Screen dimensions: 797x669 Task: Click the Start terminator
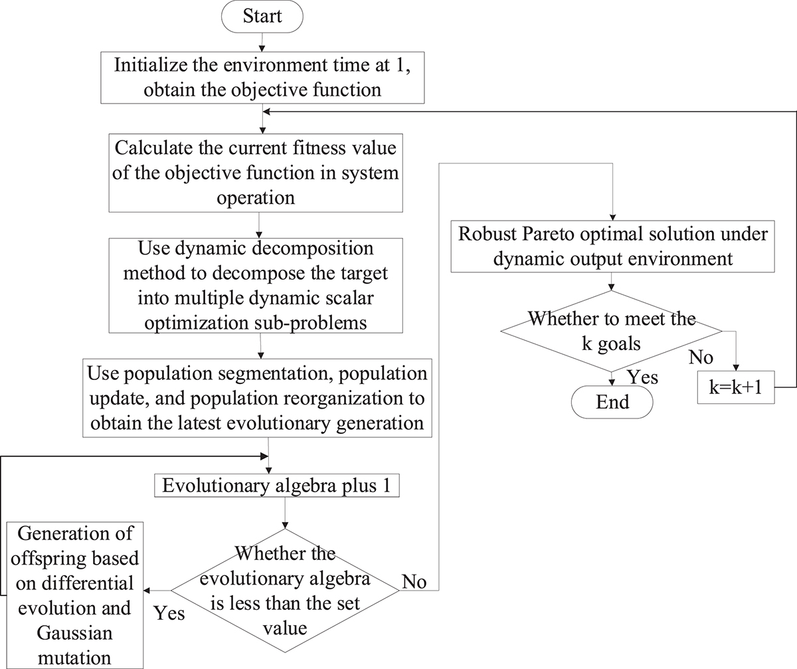click(262, 17)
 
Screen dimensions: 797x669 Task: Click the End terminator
click(612, 402)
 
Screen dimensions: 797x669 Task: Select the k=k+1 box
click(736, 387)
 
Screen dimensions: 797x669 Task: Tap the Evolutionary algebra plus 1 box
click(277, 486)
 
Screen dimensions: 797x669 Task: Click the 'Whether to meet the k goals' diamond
click(612, 331)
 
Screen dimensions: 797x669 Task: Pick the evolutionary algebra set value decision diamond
click(285, 591)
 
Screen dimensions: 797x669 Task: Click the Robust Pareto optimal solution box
click(612, 246)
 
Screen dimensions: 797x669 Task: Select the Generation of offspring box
click(75, 595)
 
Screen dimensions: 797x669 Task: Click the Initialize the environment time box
click(262, 78)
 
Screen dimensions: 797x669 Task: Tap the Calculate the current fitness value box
click(256, 173)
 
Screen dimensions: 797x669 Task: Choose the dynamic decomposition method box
click(256, 286)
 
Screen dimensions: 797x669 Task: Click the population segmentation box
click(257, 398)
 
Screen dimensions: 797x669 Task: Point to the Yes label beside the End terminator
click(643, 377)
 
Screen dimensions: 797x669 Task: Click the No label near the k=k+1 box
click(701, 357)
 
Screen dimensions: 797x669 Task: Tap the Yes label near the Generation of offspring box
click(169, 614)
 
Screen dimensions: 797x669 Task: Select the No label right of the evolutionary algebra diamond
click(414, 582)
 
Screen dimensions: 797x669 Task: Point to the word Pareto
click(548, 234)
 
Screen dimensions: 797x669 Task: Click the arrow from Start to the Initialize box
click(262, 43)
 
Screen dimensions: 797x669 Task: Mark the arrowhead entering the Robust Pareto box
click(612, 217)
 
